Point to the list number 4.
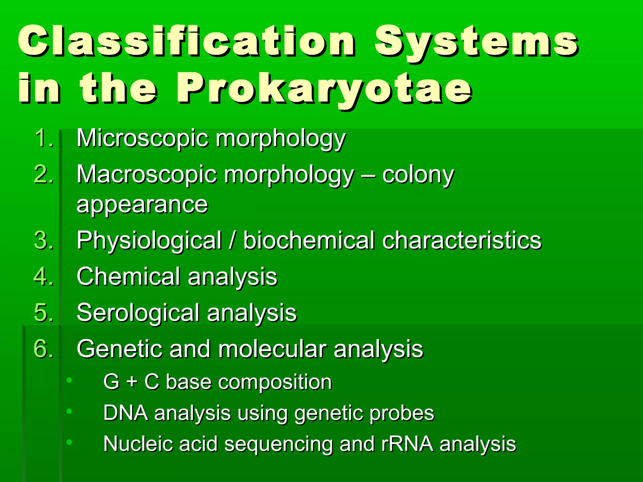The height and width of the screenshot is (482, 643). tap(43, 277)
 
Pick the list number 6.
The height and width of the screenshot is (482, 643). tap(43, 349)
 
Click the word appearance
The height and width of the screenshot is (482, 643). tap(142, 205)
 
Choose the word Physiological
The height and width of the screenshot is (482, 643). tap(149, 241)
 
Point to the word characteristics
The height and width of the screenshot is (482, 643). tap(462, 241)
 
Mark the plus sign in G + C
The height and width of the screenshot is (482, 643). tap(132, 383)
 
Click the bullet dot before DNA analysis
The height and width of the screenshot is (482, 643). tap(69, 411)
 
